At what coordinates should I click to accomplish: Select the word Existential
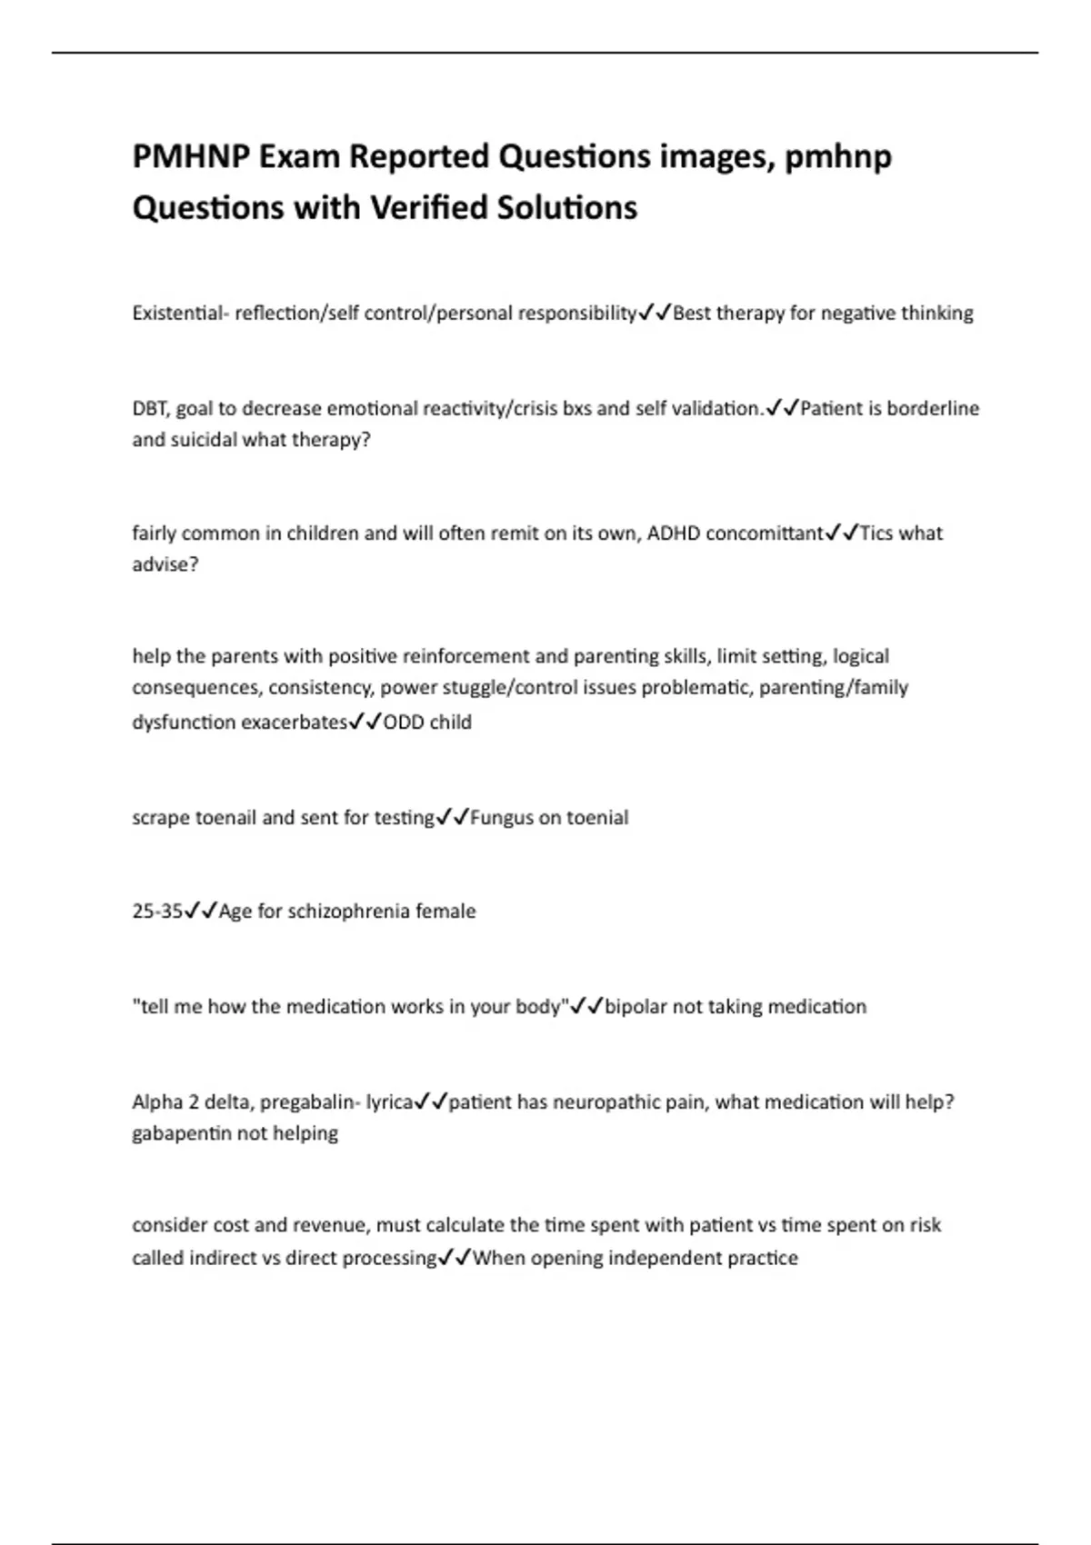176,314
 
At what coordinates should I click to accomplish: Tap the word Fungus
502,818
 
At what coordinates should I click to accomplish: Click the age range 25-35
157,912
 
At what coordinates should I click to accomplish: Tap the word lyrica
389,1102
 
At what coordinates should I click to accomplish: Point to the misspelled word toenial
597,818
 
